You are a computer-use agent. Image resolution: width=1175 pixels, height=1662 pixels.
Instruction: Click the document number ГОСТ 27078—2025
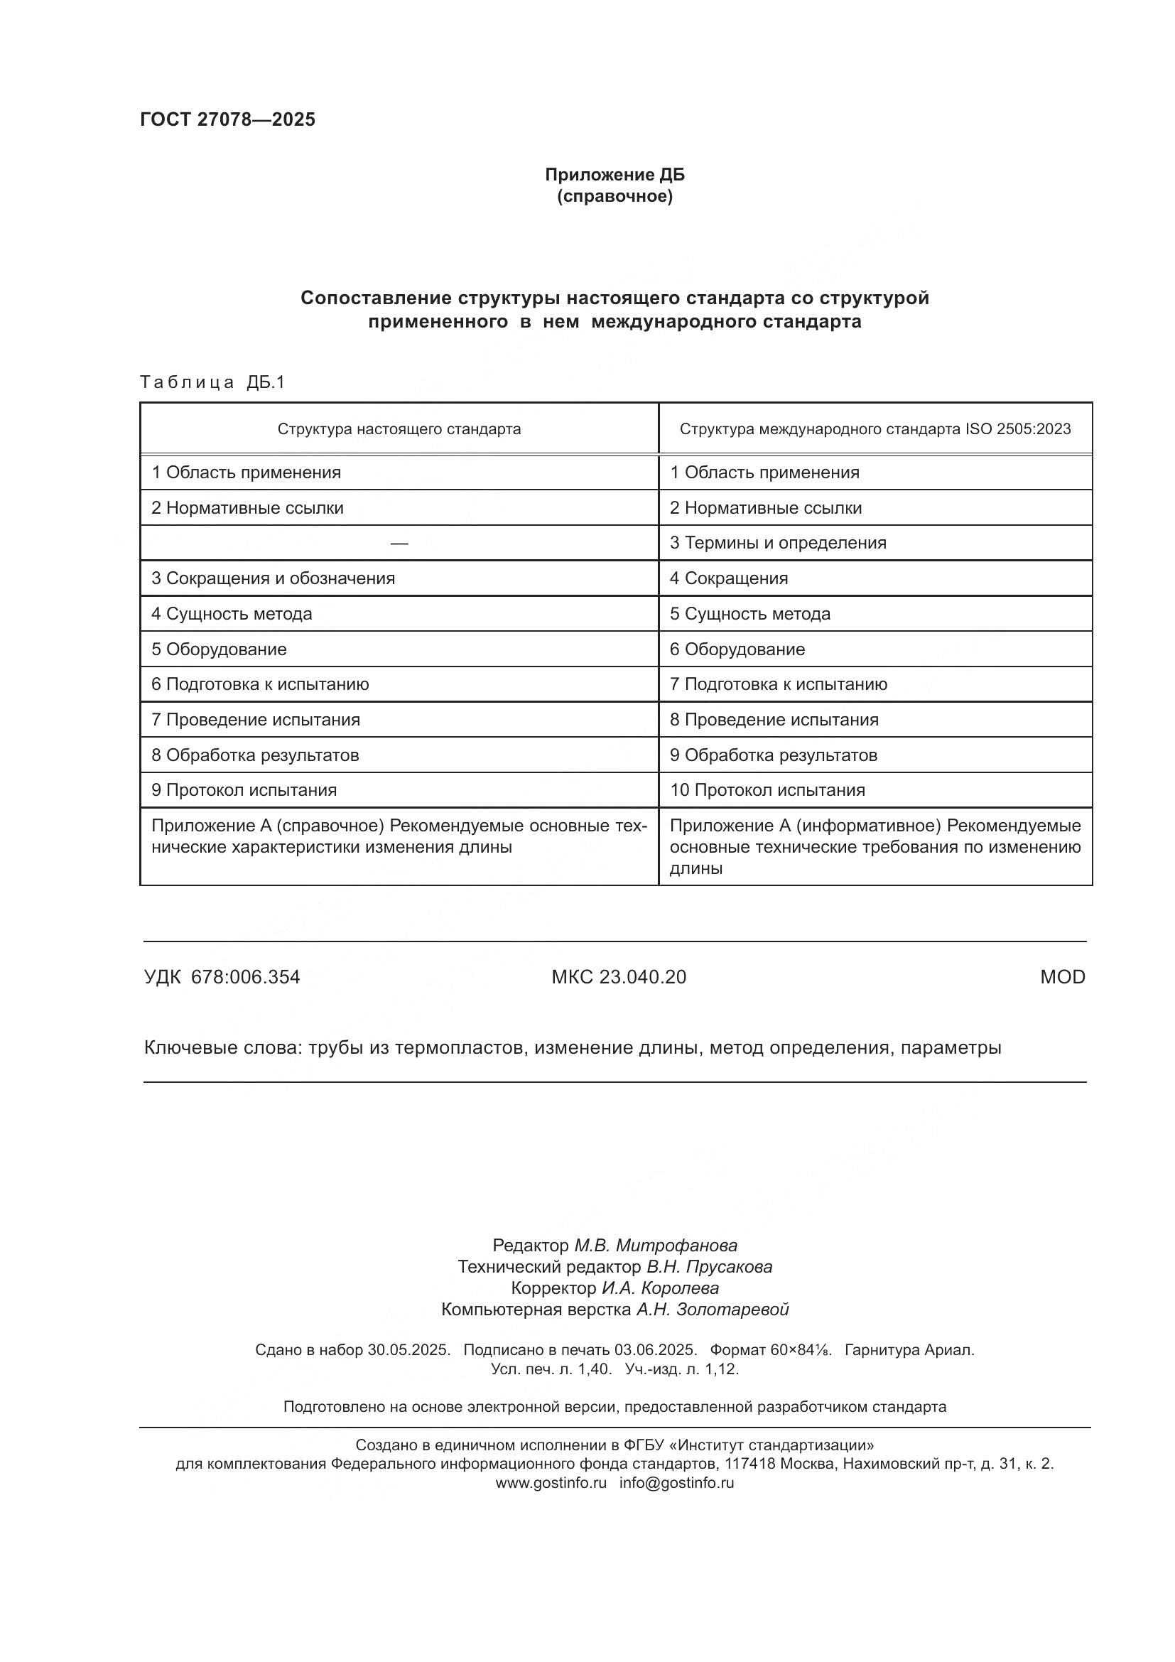point(227,120)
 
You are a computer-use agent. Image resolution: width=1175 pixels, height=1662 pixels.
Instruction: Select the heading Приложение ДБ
point(614,175)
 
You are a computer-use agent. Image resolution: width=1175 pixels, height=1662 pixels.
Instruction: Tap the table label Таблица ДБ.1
point(212,382)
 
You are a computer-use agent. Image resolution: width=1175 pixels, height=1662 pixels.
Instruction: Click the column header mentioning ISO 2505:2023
point(875,429)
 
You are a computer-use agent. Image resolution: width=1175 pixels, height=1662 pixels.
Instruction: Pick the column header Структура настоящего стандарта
point(399,429)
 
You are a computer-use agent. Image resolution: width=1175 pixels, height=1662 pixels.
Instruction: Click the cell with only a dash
point(399,544)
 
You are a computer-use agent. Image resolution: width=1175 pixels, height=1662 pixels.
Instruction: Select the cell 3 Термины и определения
point(778,543)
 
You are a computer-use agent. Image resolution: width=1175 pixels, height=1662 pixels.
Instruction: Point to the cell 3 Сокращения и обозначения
point(273,578)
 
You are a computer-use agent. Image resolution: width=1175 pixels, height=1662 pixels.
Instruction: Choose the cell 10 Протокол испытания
point(767,789)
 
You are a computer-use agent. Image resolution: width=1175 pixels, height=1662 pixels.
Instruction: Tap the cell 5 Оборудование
point(219,649)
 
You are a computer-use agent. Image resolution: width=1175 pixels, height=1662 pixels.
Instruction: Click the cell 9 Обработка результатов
point(773,755)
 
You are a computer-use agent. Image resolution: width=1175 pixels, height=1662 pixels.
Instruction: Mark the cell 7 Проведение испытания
point(256,720)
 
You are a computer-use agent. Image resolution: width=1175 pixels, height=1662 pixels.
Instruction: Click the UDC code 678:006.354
point(245,977)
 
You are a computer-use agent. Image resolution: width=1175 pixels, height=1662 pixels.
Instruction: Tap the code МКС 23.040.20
point(619,977)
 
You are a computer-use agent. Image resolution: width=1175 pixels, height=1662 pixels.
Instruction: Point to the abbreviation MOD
point(1062,977)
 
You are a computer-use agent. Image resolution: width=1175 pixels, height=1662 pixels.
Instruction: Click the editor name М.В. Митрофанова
point(656,1246)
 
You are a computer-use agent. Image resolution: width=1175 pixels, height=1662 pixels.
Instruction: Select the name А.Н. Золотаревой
point(712,1310)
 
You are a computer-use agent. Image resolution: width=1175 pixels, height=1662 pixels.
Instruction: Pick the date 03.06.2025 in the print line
point(655,1350)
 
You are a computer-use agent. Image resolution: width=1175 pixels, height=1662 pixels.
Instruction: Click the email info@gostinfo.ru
point(676,1482)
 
